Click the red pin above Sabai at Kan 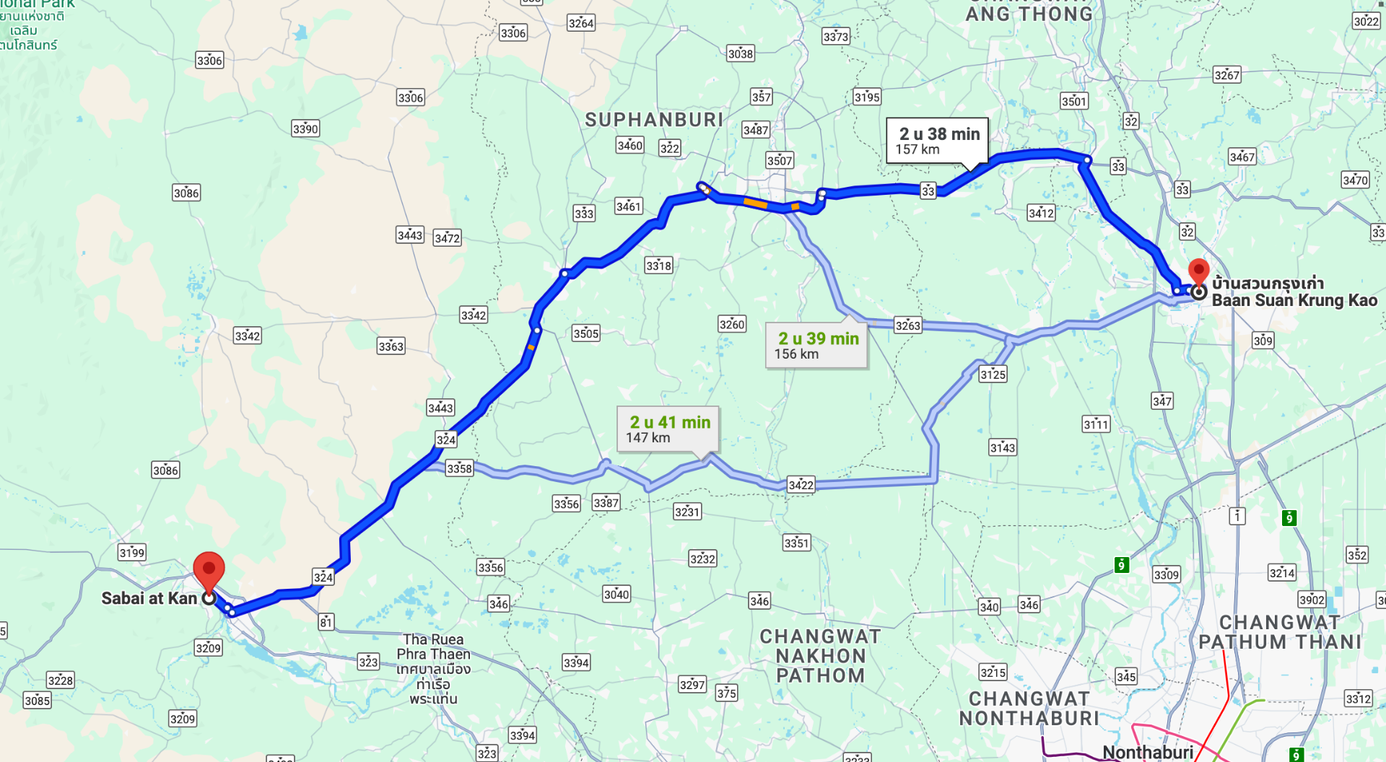point(209,569)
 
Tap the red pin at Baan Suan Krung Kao point(1198,272)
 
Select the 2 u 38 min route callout point(937,141)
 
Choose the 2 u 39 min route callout point(816,345)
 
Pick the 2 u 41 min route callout point(668,429)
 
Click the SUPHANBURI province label point(654,120)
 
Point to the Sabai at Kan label point(149,598)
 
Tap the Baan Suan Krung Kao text point(1294,300)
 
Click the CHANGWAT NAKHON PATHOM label point(820,656)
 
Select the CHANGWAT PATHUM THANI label point(1279,632)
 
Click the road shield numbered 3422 point(801,485)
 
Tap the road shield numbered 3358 point(459,468)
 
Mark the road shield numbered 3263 point(907,325)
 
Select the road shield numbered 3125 point(993,374)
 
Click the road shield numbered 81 point(326,622)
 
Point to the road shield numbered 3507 point(780,160)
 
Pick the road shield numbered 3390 point(305,128)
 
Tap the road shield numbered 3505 point(585,333)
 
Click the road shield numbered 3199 point(132,553)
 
